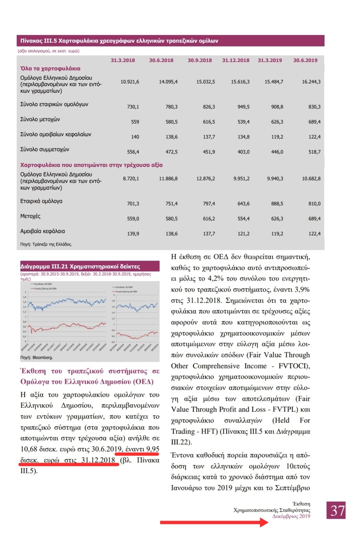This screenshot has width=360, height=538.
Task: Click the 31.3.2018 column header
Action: click(x=123, y=60)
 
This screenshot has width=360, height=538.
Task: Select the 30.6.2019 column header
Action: click(x=305, y=60)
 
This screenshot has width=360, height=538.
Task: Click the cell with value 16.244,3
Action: click(x=311, y=82)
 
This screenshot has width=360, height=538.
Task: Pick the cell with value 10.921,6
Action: click(x=130, y=82)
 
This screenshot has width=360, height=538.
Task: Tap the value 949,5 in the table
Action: click(x=243, y=107)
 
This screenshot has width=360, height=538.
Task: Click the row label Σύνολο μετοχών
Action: click(x=40, y=119)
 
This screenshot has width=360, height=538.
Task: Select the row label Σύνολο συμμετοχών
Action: click(x=45, y=150)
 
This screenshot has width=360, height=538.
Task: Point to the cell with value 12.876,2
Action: click(x=206, y=179)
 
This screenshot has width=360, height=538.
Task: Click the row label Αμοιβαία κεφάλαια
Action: click(x=42, y=231)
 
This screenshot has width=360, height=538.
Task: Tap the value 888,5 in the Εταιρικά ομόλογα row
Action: click(x=277, y=204)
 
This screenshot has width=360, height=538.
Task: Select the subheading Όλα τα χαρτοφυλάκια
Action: click(x=50, y=68)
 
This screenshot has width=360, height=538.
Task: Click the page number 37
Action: click(x=336, y=510)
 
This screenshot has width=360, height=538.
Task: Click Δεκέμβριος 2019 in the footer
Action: click(x=291, y=516)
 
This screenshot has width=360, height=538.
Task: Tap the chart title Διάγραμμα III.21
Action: click(x=80, y=267)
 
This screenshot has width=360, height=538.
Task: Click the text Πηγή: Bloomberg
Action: click(x=36, y=357)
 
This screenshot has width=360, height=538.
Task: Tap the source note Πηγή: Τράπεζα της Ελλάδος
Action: click(x=46, y=244)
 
